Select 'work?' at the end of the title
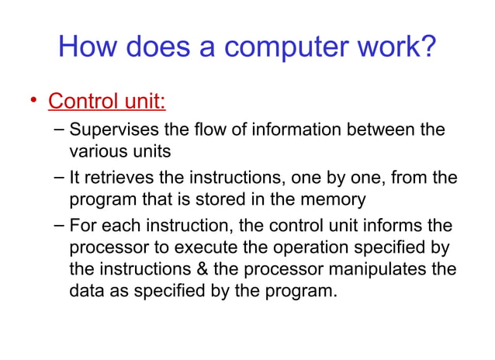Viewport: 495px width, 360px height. tap(398, 48)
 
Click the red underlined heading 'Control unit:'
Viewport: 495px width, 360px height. tap(107, 102)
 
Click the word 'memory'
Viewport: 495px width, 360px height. tap(334, 200)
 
